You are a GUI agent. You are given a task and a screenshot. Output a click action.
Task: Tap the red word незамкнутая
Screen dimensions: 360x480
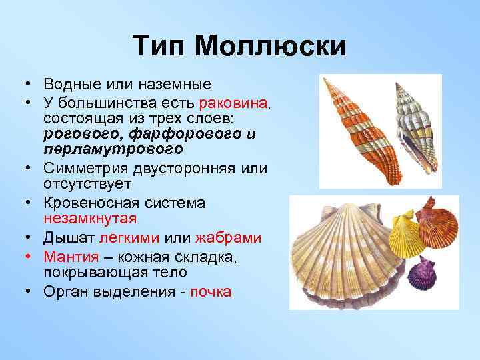pos(89,219)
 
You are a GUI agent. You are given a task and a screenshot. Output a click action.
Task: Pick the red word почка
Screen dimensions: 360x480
pos(211,291)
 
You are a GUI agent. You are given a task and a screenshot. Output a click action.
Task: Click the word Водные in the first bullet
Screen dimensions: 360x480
pos(69,84)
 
